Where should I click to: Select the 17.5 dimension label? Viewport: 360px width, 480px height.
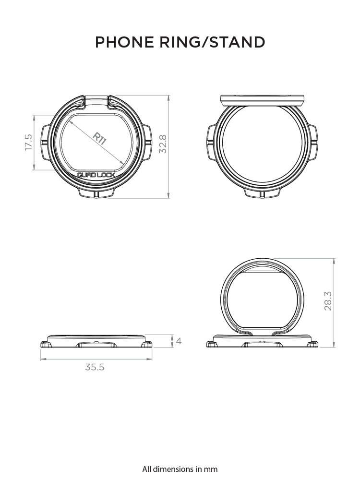pos(28,143)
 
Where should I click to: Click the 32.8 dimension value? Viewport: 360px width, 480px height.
pos(163,144)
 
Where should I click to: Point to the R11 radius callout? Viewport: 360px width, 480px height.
pos(99,139)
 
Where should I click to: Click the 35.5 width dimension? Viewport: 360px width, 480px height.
pos(95,367)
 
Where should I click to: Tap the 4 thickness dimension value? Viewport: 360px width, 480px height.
pos(179,341)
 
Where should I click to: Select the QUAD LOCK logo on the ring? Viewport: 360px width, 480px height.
pos(96,176)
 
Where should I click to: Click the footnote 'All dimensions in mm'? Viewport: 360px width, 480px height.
pos(180,468)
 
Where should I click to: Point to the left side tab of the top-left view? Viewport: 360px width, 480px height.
pos(46,142)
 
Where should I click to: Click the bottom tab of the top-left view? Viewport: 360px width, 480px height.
pos(96,192)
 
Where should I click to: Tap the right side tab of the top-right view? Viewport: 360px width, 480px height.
pos(313,142)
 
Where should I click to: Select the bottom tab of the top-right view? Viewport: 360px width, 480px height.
pos(262,192)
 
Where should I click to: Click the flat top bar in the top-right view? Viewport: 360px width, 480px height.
pos(262,100)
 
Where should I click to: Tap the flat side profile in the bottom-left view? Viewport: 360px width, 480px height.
pos(96,342)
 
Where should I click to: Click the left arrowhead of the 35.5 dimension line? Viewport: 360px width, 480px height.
pos(42,359)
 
